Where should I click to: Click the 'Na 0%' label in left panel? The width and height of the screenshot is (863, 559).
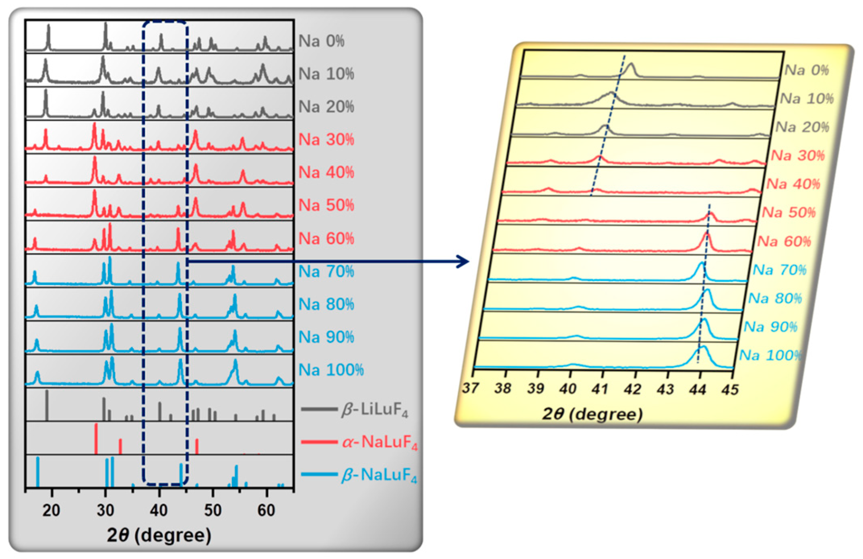pyautogui.click(x=321, y=41)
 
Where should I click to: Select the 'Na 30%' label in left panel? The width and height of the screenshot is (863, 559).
pyautogui.click(x=326, y=140)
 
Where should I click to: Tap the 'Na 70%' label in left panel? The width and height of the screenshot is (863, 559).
pyautogui.click(x=326, y=271)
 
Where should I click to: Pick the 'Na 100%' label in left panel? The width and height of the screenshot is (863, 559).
pyautogui.click(x=331, y=369)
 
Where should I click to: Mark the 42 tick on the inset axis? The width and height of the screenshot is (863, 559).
pyautogui.click(x=633, y=389)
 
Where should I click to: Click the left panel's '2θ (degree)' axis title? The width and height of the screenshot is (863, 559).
pyautogui.click(x=159, y=535)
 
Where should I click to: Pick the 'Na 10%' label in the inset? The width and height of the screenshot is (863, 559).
pyautogui.click(x=807, y=99)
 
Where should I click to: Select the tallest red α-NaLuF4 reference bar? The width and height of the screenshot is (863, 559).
pyautogui.click(x=96, y=438)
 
